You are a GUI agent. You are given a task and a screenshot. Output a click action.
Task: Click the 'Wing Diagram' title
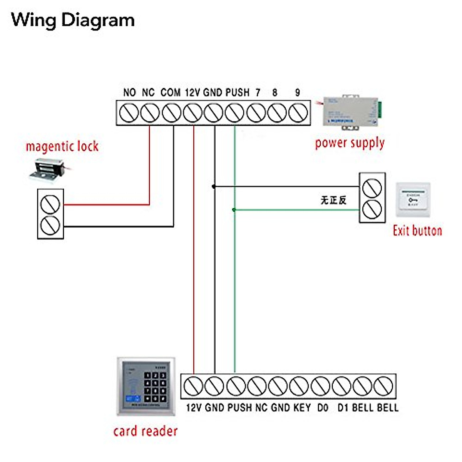73,20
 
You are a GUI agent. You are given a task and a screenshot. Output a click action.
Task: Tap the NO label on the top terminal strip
129,92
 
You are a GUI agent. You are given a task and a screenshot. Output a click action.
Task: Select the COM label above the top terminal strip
170,92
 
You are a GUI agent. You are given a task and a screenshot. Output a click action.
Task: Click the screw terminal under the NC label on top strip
150,113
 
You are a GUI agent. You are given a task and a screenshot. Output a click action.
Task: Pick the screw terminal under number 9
298,113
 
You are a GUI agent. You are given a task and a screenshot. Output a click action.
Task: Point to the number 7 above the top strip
258,92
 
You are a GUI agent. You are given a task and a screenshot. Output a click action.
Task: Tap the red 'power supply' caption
350,143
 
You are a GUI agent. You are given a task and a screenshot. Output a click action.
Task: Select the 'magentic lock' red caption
62,147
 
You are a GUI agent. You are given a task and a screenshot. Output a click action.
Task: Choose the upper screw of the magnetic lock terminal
50,204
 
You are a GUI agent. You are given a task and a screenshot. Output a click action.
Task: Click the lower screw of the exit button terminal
372,209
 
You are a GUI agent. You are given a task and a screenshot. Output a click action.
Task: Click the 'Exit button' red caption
417,231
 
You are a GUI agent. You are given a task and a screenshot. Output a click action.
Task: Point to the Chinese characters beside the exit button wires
333,200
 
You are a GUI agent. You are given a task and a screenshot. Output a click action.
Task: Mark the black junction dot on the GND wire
214,186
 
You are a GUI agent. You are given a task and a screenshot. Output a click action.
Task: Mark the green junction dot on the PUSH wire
234,210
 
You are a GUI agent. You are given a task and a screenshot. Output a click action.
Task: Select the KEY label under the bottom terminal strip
302,408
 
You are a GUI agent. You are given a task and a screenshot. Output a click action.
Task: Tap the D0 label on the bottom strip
323,408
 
